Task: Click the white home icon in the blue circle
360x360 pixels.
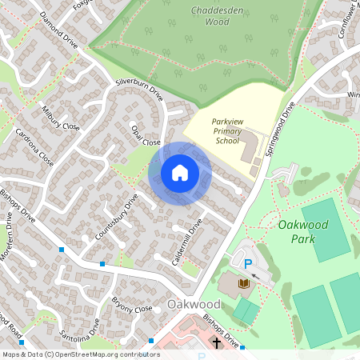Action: [180, 172]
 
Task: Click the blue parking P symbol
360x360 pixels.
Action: [247, 264]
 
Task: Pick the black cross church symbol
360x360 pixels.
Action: [217, 343]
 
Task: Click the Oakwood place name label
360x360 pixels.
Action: [194, 305]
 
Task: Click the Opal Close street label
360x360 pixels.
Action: [146, 136]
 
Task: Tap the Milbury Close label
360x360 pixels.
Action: [61, 116]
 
